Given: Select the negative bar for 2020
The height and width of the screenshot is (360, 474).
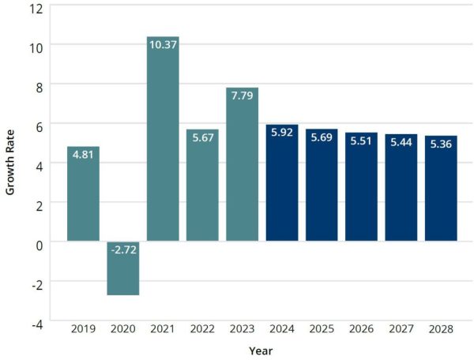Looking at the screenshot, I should point(123,268).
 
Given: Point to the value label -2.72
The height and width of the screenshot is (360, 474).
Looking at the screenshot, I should point(123,251).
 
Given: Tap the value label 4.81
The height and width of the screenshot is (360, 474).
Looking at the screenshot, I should point(84,155).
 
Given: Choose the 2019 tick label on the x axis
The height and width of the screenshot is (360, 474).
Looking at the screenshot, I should point(84,328).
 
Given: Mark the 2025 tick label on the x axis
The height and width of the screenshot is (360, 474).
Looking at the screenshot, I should point(322,328).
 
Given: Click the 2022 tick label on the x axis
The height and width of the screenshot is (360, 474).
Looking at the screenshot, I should point(202,328).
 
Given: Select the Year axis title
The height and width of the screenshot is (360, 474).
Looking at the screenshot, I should point(261,350).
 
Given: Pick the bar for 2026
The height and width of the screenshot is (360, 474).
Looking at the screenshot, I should point(361,186).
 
